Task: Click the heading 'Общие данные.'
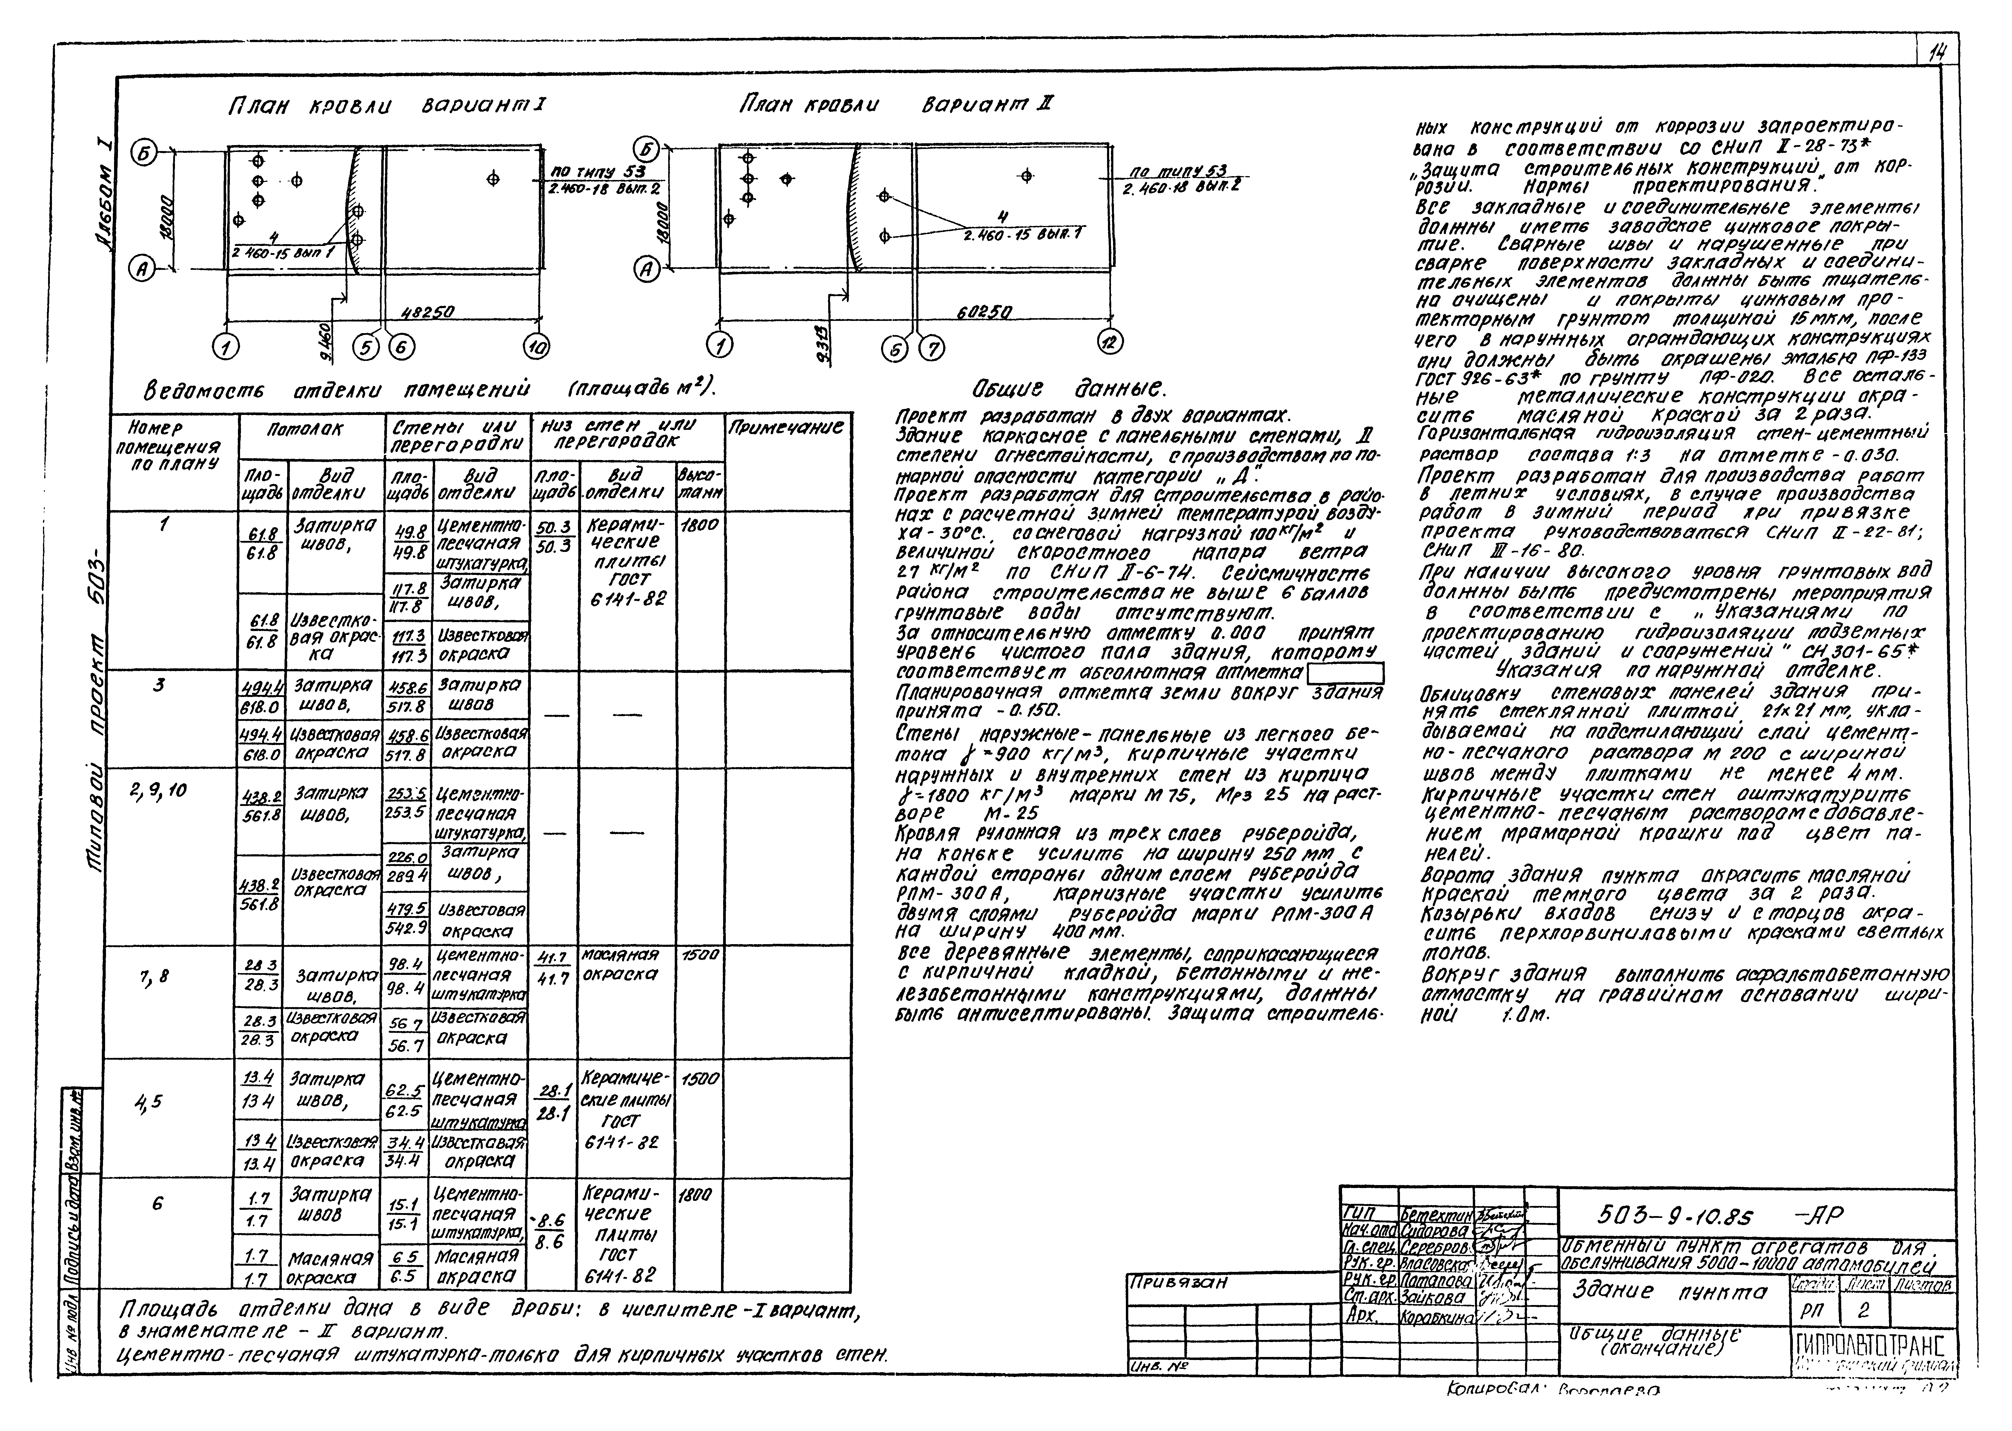[x=1069, y=389]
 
